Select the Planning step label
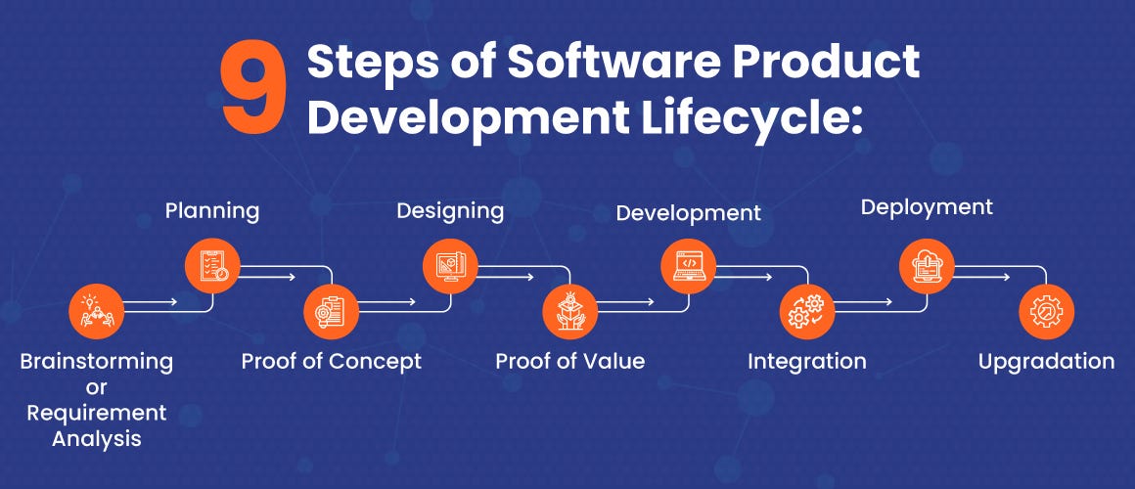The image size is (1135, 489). coord(212,210)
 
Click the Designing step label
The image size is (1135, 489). coord(450,210)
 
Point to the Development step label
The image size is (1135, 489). coord(688,212)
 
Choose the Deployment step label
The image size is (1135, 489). coord(927,207)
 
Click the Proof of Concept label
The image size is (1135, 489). coord(332,361)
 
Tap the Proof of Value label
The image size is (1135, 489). coord(569,361)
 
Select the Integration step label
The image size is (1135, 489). coord(807,361)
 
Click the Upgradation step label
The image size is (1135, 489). coord(1046,361)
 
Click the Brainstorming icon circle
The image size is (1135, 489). coord(96,312)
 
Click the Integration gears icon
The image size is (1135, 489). coord(807,312)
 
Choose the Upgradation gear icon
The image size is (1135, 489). coord(1046,312)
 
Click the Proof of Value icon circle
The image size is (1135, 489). coord(569,312)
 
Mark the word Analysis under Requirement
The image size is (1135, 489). coord(96,439)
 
